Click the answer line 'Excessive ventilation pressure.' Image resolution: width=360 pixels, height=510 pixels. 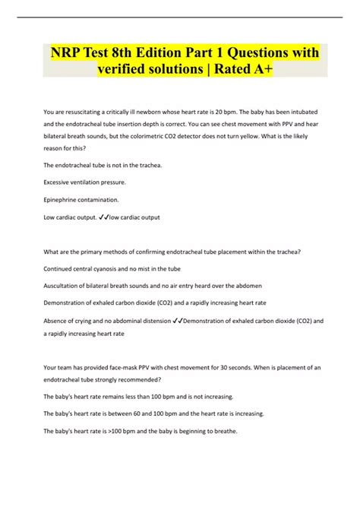point(84,182)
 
